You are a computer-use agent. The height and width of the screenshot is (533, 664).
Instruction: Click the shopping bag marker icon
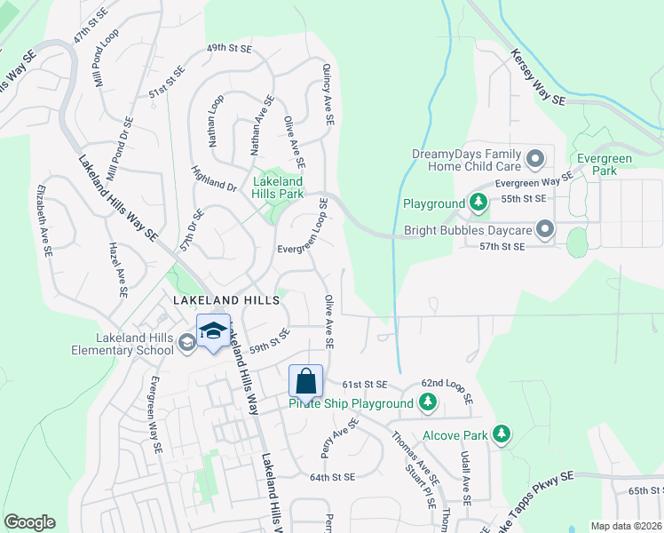(305, 382)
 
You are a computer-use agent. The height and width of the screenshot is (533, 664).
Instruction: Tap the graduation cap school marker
(212, 332)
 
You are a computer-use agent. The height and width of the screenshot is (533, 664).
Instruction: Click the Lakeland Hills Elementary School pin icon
(186, 342)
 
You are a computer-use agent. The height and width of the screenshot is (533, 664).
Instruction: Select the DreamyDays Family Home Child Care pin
(535, 159)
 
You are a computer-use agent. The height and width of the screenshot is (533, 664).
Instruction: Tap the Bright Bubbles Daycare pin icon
(545, 230)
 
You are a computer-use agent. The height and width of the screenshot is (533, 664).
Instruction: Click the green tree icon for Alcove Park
(502, 434)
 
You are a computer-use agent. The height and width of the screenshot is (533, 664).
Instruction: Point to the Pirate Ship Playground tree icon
(428, 403)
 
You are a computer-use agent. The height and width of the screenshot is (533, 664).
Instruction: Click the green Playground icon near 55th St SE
(478, 203)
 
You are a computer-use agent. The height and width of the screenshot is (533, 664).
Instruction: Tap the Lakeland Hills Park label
(279, 187)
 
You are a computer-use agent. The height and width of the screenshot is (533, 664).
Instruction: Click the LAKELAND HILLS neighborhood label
(226, 301)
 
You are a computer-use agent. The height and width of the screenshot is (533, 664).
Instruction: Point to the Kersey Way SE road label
(538, 78)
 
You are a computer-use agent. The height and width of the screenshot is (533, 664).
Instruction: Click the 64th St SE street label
(332, 477)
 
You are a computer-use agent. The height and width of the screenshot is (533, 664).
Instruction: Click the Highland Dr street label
(214, 178)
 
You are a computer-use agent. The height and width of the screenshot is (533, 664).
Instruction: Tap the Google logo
(29, 522)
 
